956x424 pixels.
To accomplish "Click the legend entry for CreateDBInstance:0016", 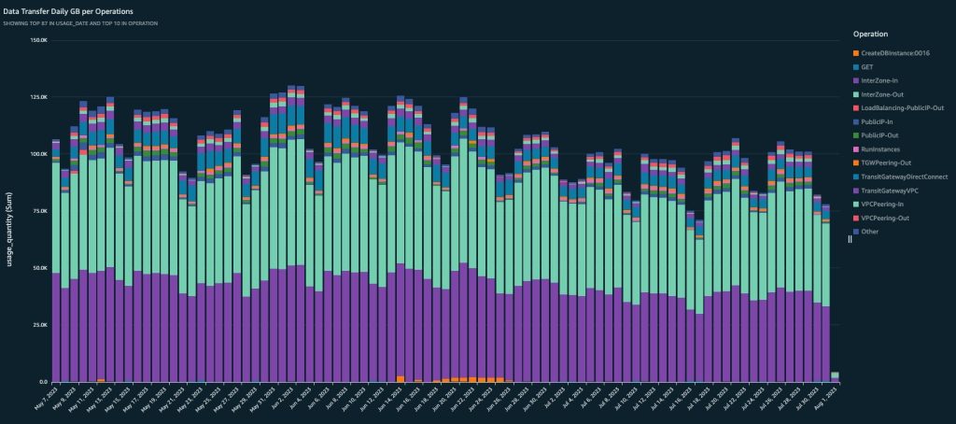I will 893,52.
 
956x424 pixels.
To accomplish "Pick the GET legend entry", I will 865,67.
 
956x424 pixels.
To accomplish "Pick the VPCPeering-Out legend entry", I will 883,216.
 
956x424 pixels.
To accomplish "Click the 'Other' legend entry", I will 870,231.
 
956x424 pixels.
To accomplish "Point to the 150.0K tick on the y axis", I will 37,40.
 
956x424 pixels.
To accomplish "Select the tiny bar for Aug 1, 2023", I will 835,376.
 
